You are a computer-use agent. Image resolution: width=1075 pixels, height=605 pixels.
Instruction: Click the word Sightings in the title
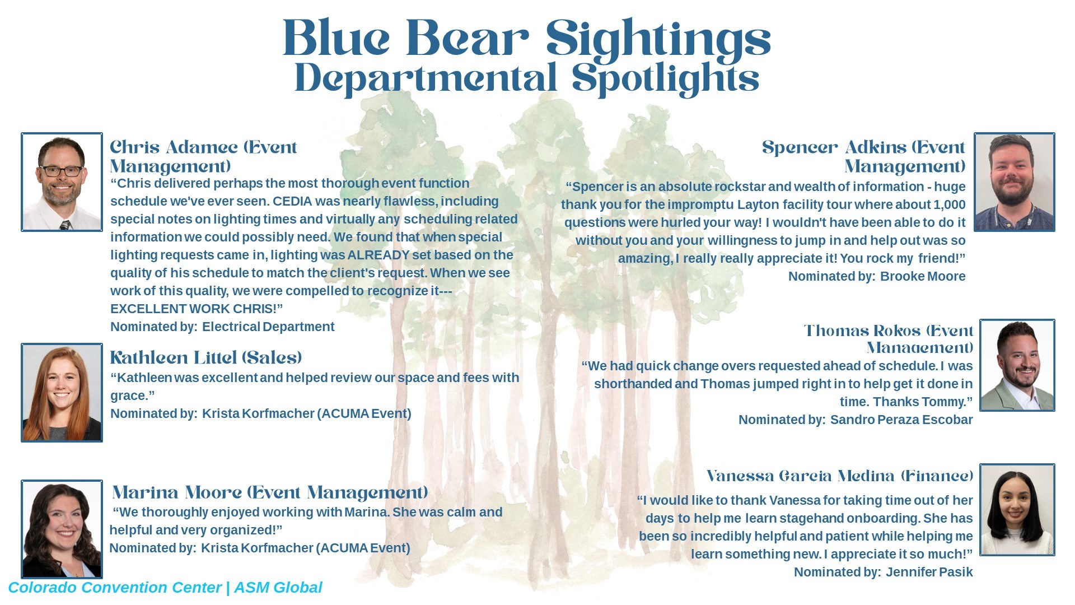(658, 39)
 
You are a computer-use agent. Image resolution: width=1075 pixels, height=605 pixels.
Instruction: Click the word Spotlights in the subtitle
(666, 78)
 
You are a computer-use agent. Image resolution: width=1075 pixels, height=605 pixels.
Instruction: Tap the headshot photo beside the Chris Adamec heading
(62, 182)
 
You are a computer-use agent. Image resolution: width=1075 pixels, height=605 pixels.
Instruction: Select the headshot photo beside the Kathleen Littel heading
(62, 393)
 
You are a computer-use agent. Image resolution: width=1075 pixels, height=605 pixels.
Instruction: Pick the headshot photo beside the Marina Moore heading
(62, 529)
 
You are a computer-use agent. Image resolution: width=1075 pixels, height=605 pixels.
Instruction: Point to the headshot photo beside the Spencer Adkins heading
(1015, 182)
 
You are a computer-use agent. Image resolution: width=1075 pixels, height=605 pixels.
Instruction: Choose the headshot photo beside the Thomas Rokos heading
(1017, 365)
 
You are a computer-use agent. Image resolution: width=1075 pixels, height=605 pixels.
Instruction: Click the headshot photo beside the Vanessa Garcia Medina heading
(1017, 510)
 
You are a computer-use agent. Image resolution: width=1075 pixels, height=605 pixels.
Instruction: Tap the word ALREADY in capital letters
(379, 255)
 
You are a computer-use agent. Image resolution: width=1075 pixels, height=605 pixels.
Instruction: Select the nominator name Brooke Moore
(923, 276)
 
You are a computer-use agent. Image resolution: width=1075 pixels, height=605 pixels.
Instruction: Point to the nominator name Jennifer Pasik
(929, 572)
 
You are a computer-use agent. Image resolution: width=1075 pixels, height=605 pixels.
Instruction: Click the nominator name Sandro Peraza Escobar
(901, 420)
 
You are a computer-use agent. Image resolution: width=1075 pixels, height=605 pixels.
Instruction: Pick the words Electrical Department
(268, 327)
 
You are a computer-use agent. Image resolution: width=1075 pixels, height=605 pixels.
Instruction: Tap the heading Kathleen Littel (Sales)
(206, 357)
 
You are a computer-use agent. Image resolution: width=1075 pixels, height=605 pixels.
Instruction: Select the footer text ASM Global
(278, 588)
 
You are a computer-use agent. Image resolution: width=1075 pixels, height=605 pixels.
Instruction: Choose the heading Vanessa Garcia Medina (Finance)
(840, 476)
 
